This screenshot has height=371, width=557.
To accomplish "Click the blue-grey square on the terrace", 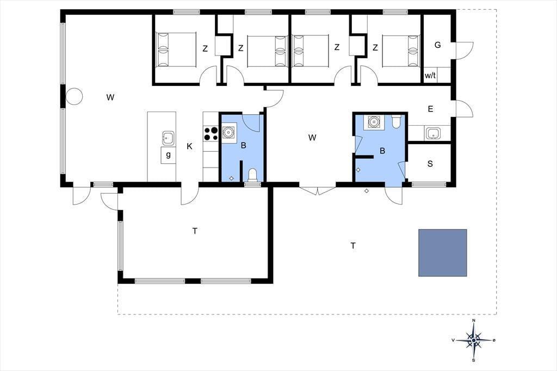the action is coord(442,252).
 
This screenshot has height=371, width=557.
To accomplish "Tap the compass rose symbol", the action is coord(474,341).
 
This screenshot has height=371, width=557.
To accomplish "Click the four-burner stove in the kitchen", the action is coord(211,134).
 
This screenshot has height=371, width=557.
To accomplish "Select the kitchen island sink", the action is coord(168,138).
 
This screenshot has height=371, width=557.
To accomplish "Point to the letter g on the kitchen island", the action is coord(169,154).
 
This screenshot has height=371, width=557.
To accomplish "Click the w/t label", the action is coord(430,75).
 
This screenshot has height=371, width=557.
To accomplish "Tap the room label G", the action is coord(438,45).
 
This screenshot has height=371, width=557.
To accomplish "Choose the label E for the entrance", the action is coord(431,109).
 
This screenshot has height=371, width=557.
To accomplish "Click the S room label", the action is coord(430,164).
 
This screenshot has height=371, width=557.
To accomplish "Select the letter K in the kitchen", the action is coord(190,146).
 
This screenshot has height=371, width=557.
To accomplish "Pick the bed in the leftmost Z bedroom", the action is coord(177,50).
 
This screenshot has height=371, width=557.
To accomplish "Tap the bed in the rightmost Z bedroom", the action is coord(401,51).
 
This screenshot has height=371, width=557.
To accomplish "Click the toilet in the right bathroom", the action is coord(396,121).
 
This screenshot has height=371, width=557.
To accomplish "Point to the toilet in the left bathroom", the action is coord(252,175).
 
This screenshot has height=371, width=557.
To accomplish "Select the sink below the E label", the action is coord(434,134).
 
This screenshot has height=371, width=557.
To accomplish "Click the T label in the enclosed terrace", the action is coord(195,231).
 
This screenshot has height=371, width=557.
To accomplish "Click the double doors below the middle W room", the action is coord(318,190).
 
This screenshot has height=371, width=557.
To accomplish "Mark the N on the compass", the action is coord(474,320).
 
